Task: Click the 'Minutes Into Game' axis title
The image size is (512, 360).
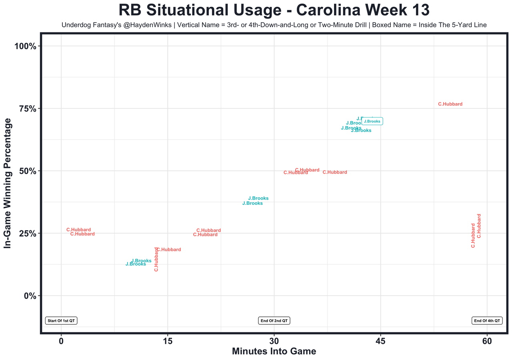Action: pyautogui.click(x=274, y=352)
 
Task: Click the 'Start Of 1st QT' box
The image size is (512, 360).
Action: pyautogui.click(x=61, y=320)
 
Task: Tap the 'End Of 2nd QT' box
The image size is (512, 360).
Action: pyautogui.click(x=274, y=320)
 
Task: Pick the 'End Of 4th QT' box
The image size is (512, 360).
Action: pyautogui.click(x=487, y=320)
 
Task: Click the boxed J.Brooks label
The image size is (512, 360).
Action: pyautogui.click(x=372, y=121)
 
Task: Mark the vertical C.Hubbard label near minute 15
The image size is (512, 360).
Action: pyautogui.click(x=156, y=259)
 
